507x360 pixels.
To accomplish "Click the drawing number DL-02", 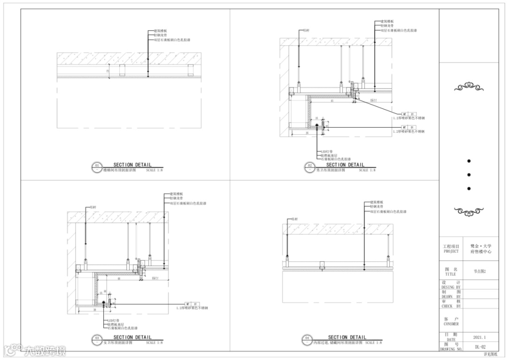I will pyautogui.click(x=479, y=346).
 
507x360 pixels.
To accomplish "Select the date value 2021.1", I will pyautogui.click(x=480, y=337).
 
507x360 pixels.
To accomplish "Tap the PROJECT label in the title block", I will pyautogui.click(x=451, y=251).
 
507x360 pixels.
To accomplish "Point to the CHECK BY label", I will pyautogui.click(x=451, y=306).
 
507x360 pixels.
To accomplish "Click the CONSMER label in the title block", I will pyautogui.click(x=451, y=324).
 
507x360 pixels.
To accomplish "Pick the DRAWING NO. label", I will pyautogui.click(x=451, y=349).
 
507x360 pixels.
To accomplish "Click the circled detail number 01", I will pyautogui.click(x=97, y=166).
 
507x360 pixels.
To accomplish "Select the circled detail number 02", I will pyautogui.click(x=309, y=166).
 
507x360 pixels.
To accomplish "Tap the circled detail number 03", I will pyautogui.click(x=97, y=338).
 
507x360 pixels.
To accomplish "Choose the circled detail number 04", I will pyautogui.click(x=307, y=338).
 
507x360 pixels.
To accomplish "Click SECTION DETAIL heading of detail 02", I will pyautogui.click(x=345, y=165).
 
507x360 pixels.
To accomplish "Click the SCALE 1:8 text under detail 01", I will pyautogui.click(x=154, y=170).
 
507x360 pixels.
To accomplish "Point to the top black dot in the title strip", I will pyautogui.click(x=469, y=161).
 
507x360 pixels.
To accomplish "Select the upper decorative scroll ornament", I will pyautogui.click(x=469, y=87).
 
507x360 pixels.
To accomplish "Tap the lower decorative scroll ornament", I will pyautogui.click(x=469, y=211).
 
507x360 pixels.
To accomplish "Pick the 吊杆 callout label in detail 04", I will pyautogui.click(x=294, y=219).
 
